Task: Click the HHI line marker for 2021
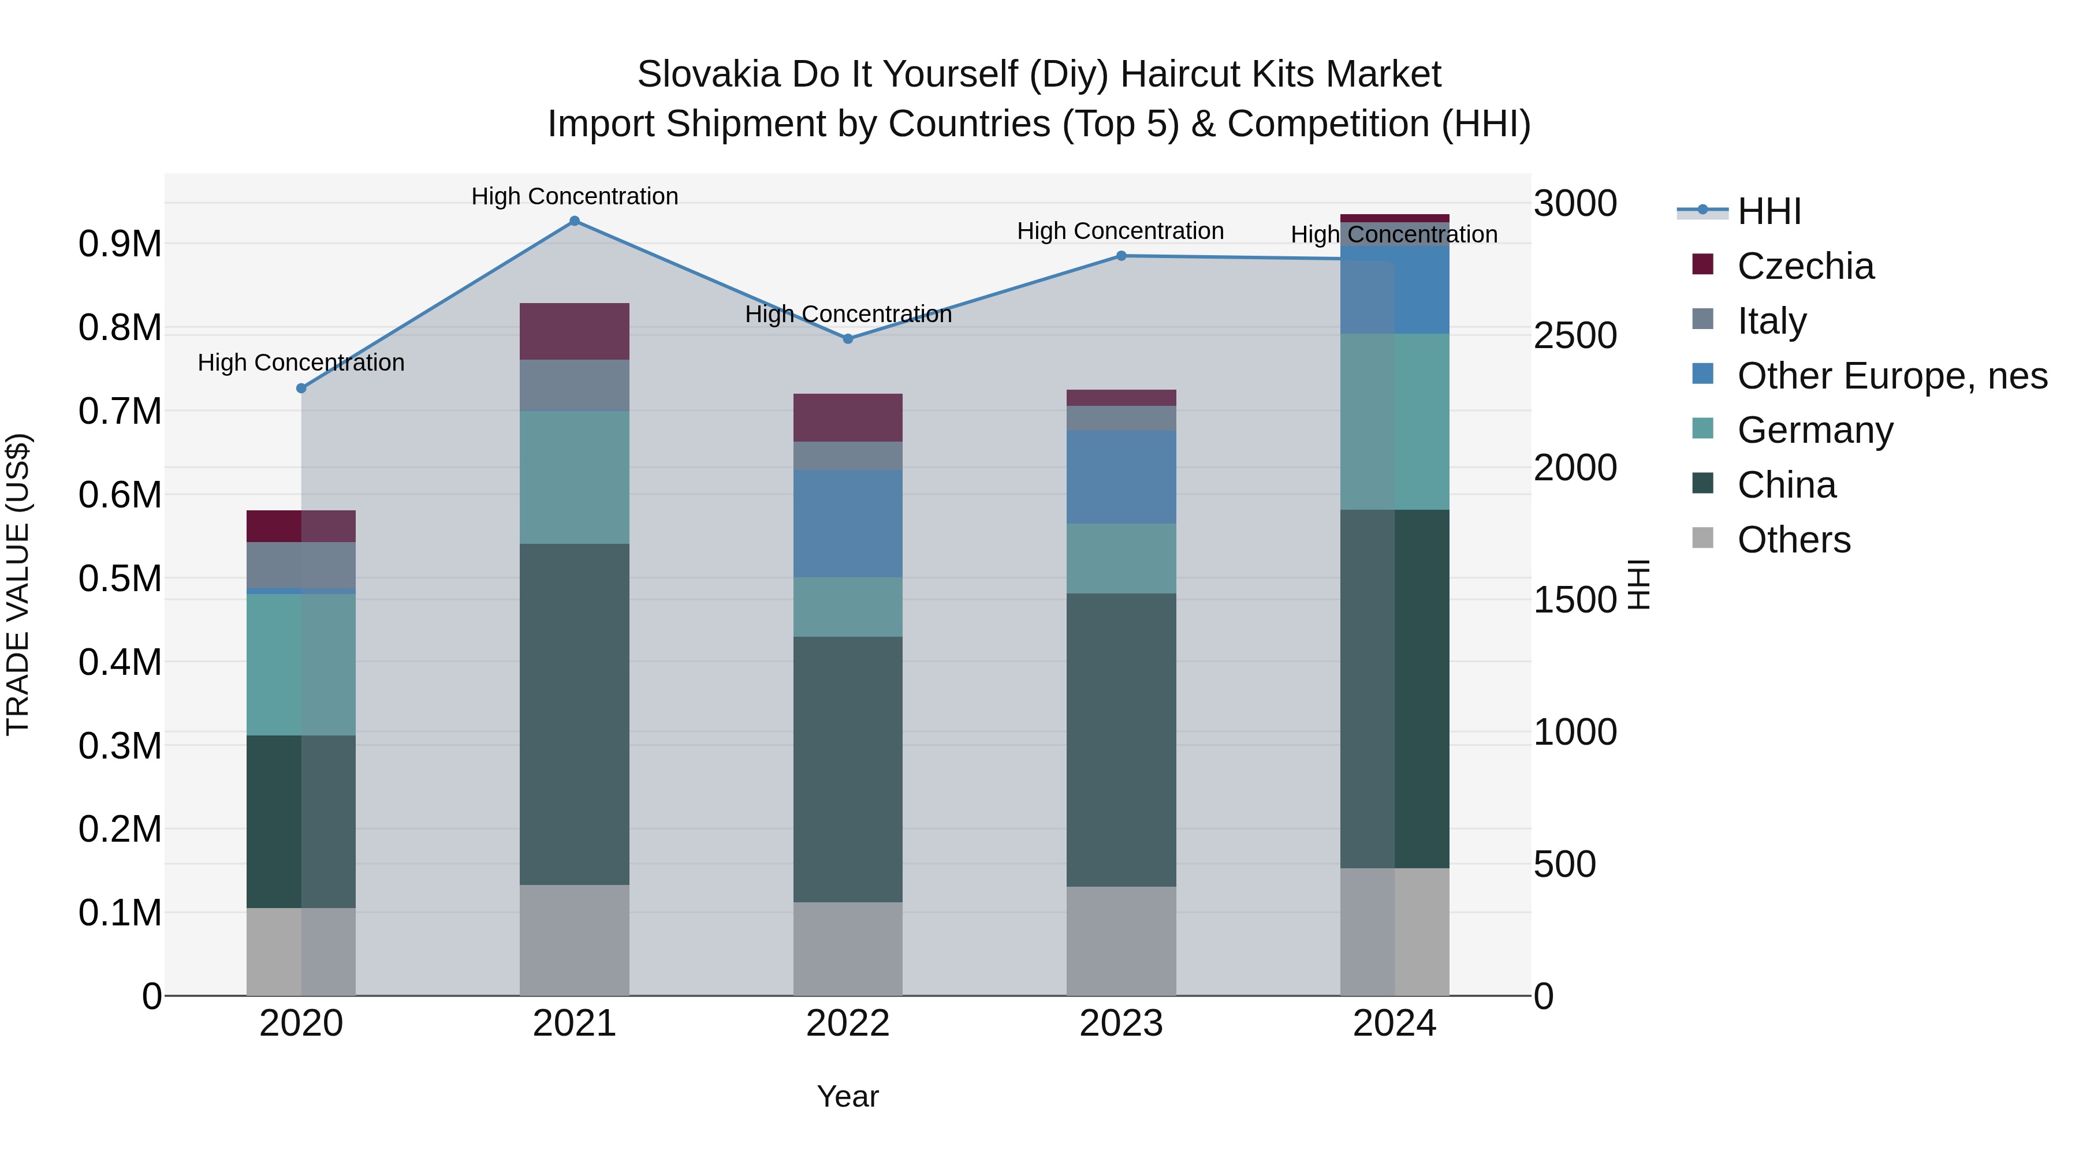tap(575, 221)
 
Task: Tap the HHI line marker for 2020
tap(301, 388)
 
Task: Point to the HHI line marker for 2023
tap(1121, 256)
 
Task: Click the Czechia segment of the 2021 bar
tap(575, 331)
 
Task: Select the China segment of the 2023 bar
tap(1121, 740)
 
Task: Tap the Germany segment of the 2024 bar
tap(1395, 421)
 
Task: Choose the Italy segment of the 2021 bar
tap(575, 385)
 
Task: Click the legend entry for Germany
tap(1815, 430)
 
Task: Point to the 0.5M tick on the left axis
tap(120, 578)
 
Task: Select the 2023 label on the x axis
tap(1121, 1024)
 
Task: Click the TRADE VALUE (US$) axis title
tap(18, 584)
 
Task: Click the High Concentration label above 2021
tap(575, 196)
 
